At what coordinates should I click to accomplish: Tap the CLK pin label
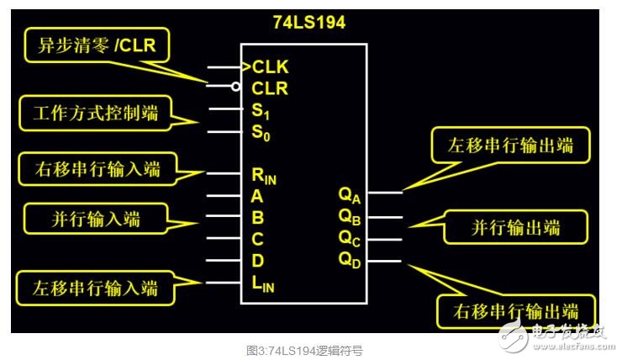[x=270, y=66]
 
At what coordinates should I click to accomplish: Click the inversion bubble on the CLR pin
[x=237, y=86]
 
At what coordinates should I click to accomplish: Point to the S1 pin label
[x=261, y=111]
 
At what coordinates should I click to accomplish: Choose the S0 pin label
[x=261, y=132]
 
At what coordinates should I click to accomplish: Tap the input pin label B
[x=257, y=217]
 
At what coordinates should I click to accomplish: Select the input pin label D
[x=257, y=262]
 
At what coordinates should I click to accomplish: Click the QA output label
[x=349, y=195]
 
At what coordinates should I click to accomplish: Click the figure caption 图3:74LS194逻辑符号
[x=310, y=349]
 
